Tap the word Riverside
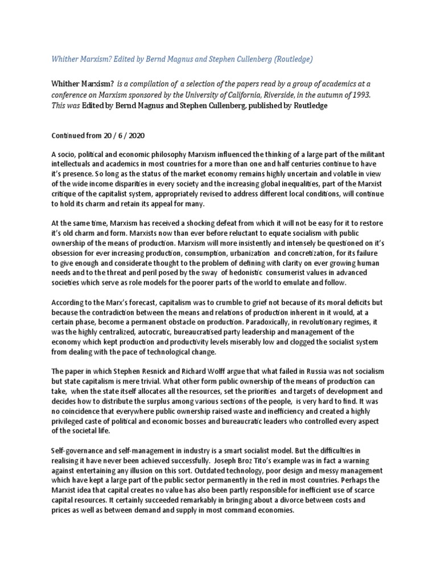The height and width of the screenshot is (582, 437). click(x=259, y=95)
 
